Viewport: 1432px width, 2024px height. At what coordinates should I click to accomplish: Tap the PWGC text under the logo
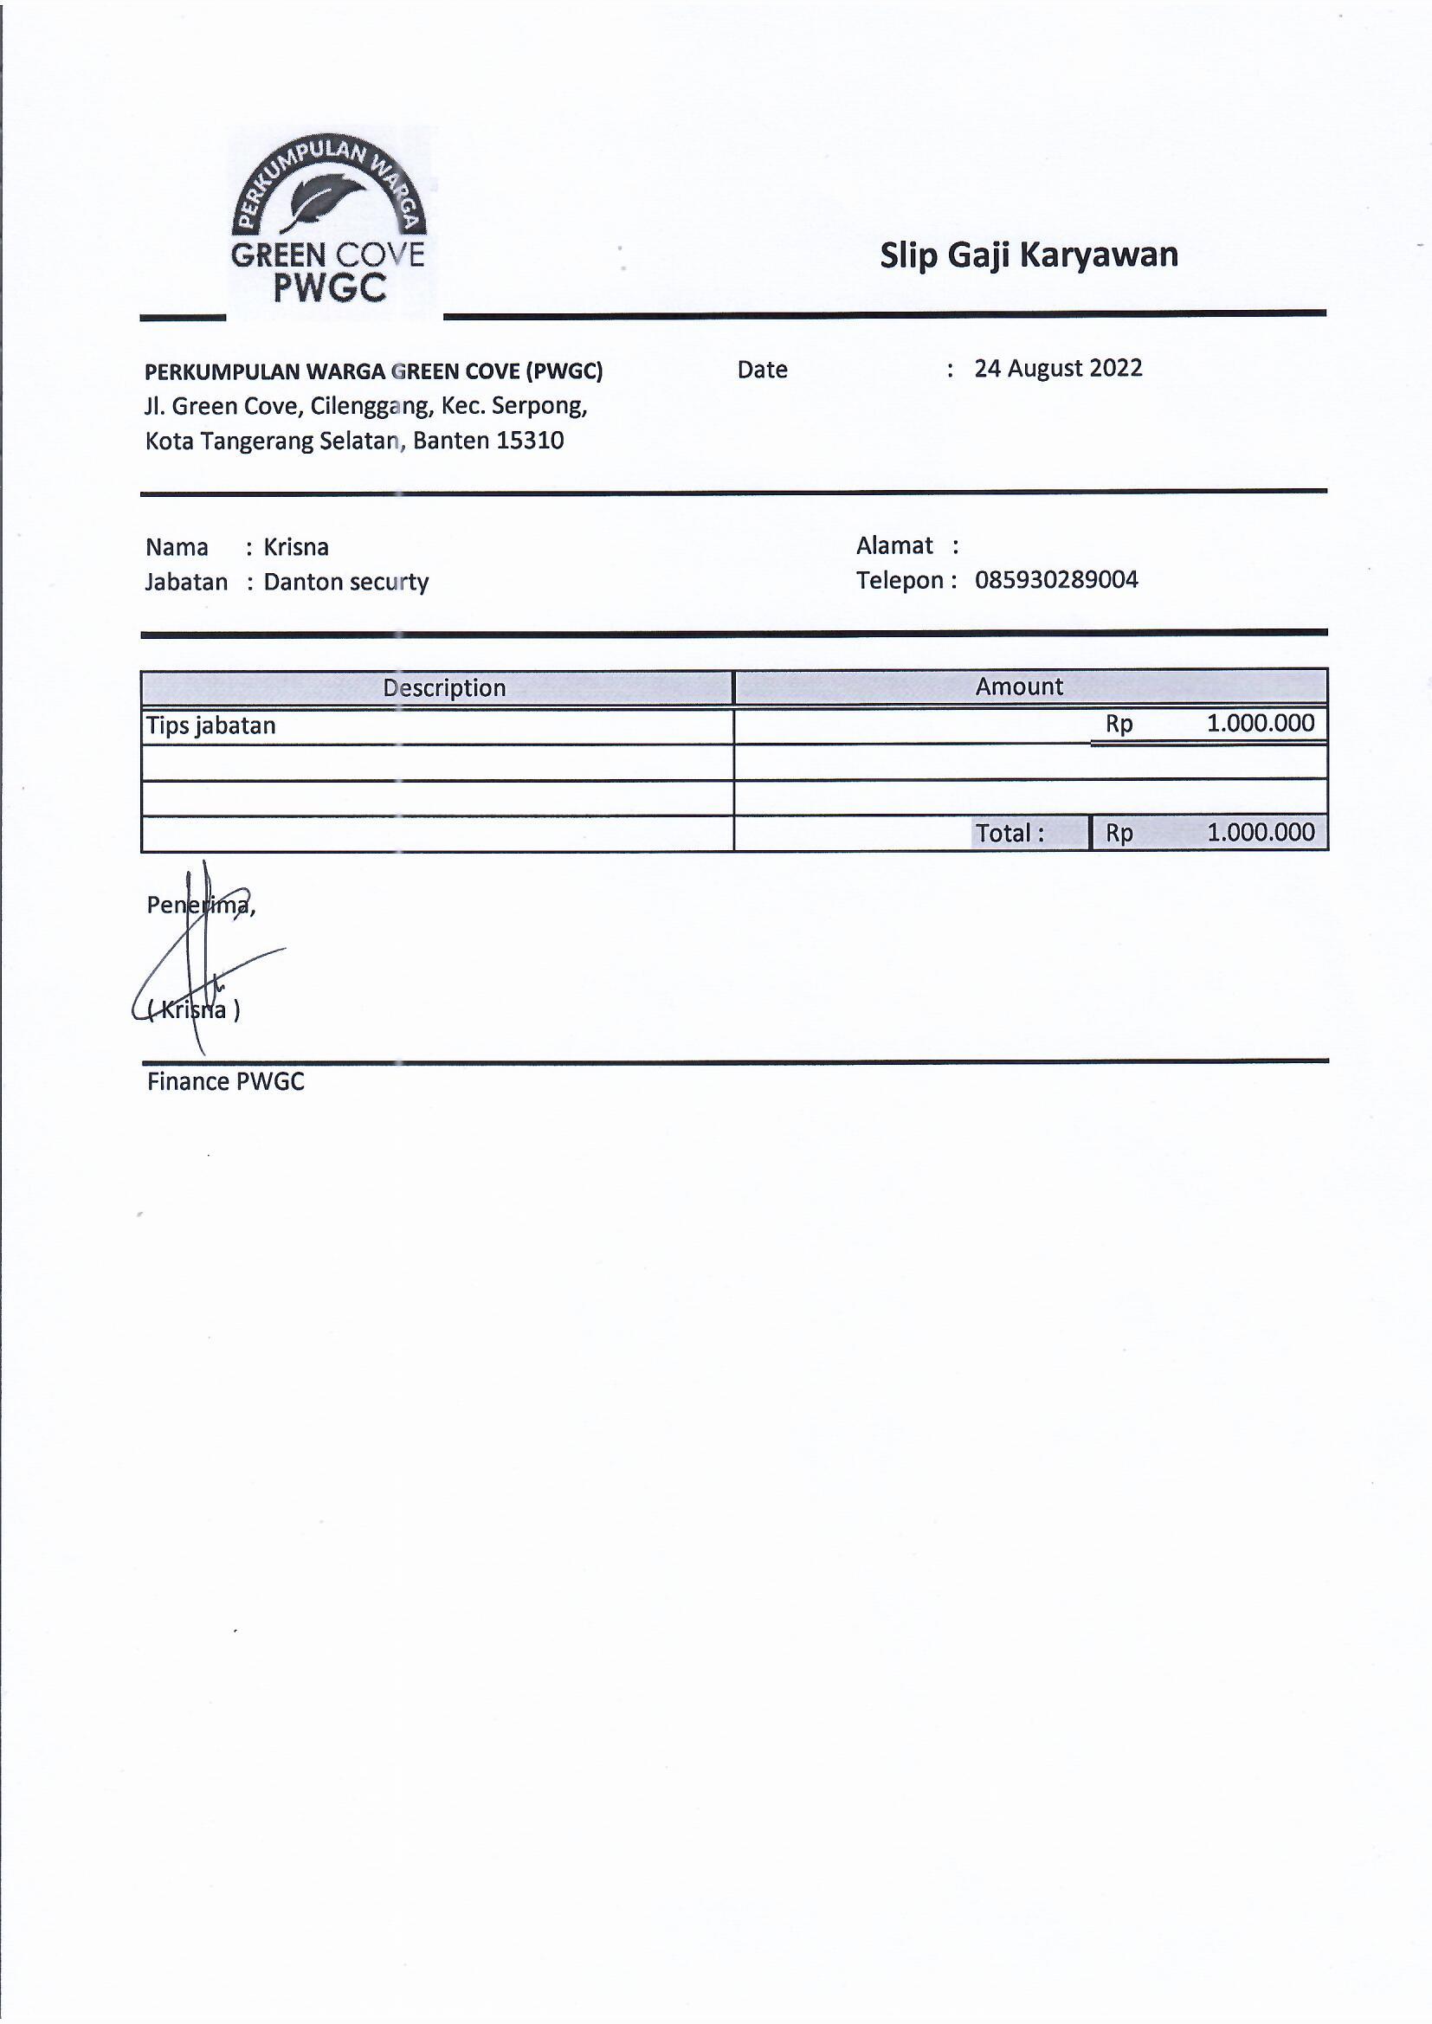click(330, 288)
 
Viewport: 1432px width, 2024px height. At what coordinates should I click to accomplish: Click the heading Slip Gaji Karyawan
click(1029, 255)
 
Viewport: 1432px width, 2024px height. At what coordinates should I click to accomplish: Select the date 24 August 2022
click(1057, 369)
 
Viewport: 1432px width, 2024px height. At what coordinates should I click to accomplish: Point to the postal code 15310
click(529, 441)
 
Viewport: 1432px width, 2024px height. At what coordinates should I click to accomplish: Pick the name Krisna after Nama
click(296, 547)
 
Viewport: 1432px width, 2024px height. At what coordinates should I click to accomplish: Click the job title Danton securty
click(345, 583)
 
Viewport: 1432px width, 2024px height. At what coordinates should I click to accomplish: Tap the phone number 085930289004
click(1055, 580)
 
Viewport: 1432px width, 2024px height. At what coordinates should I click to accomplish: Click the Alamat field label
click(894, 545)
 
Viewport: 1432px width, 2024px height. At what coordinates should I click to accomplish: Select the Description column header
click(443, 687)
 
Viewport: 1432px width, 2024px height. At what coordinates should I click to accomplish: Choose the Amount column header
click(1018, 686)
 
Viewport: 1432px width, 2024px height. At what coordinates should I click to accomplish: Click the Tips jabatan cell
click(210, 725)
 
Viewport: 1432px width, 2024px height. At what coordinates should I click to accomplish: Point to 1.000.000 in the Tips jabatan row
click(1259, 724)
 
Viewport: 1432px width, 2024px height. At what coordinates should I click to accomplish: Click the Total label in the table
click(1009, 833)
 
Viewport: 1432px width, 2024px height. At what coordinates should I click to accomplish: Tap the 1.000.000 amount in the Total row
click(1259, 832)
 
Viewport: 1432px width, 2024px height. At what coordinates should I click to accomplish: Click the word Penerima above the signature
click(199, 906)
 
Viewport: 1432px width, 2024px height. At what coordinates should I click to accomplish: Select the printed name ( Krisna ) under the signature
click(194, 1010)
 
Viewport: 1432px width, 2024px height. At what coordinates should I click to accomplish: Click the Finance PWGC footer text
click(225, 1082)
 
